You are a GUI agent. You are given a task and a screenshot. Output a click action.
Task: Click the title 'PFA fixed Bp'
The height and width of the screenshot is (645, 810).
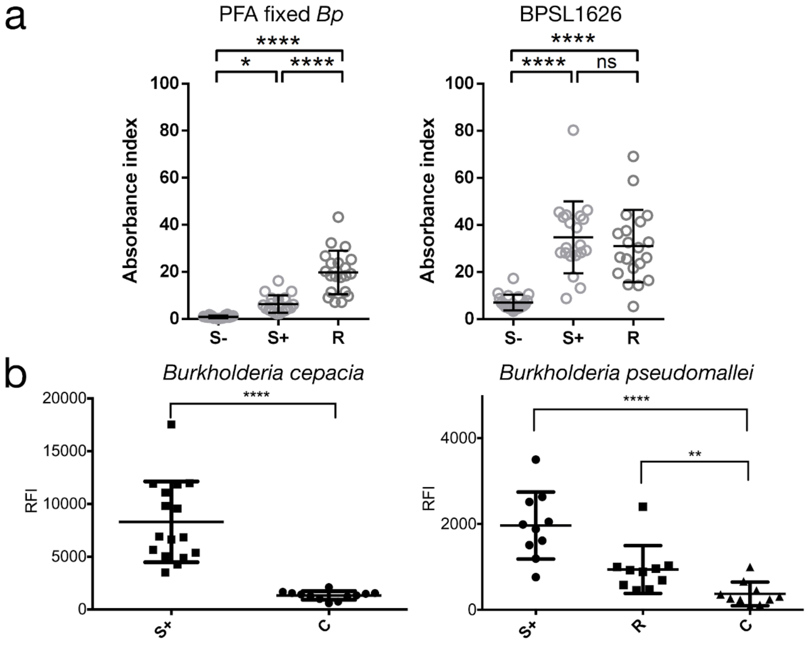click(x=281, y=15)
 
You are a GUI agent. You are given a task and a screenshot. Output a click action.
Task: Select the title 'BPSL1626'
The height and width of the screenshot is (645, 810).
click(x=571, y=15)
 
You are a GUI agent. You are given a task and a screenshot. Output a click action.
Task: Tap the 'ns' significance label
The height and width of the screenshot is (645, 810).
click(x=606, y=62)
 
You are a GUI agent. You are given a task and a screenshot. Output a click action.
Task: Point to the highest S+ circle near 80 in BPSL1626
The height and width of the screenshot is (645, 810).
click(x=573, y=130)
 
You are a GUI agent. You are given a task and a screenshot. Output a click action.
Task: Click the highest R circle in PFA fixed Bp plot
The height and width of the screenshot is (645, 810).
click(x=338, y=217)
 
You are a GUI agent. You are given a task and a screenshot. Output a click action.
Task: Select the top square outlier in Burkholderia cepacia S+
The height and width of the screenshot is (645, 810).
click(x=171, y=424)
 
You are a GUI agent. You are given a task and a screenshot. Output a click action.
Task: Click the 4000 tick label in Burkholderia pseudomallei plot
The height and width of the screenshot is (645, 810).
click(x=458, y=438)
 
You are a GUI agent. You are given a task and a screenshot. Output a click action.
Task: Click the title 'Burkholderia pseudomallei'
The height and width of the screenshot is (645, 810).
click(x=626, y=373)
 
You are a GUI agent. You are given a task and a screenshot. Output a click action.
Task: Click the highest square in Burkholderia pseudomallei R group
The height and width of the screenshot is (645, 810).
click(x=643, y=507)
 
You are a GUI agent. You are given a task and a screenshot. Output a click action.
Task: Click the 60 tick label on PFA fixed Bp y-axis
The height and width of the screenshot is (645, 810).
click(x=169, y=178)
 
